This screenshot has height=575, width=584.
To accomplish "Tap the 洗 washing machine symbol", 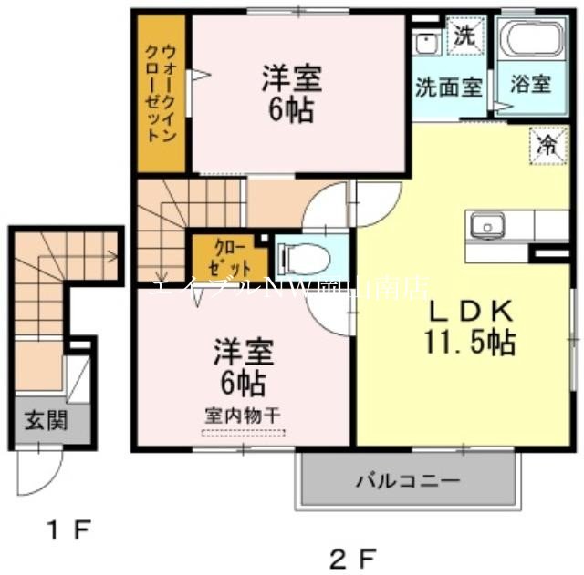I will click(x=465, y=37).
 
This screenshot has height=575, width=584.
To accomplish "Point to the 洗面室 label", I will click(x=448, y=88).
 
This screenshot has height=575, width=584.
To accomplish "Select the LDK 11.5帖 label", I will click(x=469, y=328).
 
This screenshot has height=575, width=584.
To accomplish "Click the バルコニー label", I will click(x=407, y=480).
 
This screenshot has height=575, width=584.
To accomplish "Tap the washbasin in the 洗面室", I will click(x=426, y=43).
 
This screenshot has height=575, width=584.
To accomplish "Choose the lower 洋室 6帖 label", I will click(x=241, y=364).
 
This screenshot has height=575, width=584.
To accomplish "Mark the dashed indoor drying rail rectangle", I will click(x=242, y=432).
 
